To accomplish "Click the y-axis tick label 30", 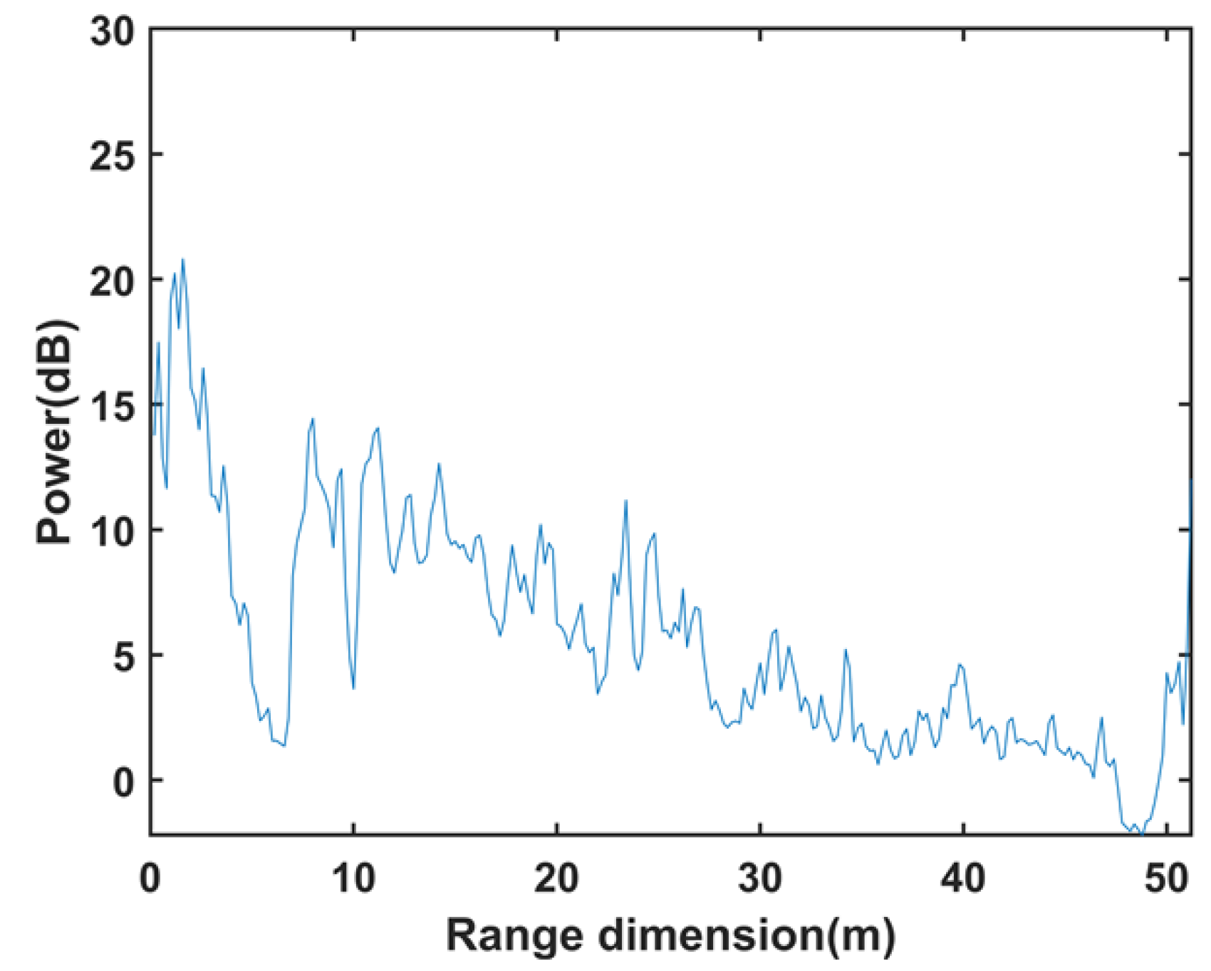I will pyautogui.click(x=113, y=32).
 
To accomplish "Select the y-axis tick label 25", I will pyautogui.click(x=113, y=156).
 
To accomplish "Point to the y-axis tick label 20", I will pyautogui.click(x=113, y=281).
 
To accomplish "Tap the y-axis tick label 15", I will pyautogui.click(x=113, y=407).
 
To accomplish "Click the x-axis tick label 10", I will pyautogui.click(x=353, y=879).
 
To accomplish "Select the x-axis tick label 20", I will pyautogui.click(x=556, y=879).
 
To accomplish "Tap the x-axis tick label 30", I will pyautogui.click(x=760, y=879).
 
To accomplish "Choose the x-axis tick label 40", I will pyautogui.click(x=963, y=879).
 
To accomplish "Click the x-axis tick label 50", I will pyautogui.click(x=1166, y=879).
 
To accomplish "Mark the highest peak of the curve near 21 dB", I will pyautogui.click(x=183, y=260).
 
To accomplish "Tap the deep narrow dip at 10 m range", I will pyautogui.click(x=353, y=688).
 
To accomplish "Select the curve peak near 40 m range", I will pyautogui.click(x=960, y=665).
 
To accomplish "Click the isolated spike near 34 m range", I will pyautogui.click(x=846, y=650).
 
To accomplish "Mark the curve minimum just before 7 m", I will pyautogui.click(x=284, y=745).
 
